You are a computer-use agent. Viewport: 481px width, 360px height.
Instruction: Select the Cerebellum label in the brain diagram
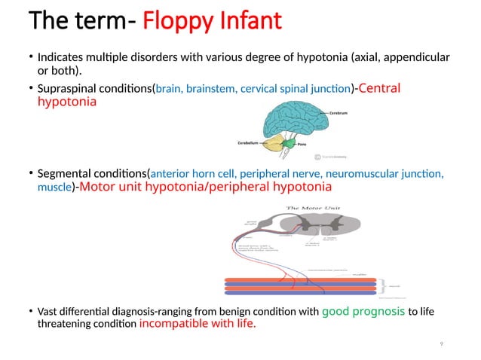[x=249, y=142]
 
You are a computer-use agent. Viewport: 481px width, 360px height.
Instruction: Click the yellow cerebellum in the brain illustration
[x=272, y=142]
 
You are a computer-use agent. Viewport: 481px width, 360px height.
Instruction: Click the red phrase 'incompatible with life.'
[x=198, y=325]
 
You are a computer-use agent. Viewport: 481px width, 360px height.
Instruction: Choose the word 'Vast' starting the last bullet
[x=48, y=312]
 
